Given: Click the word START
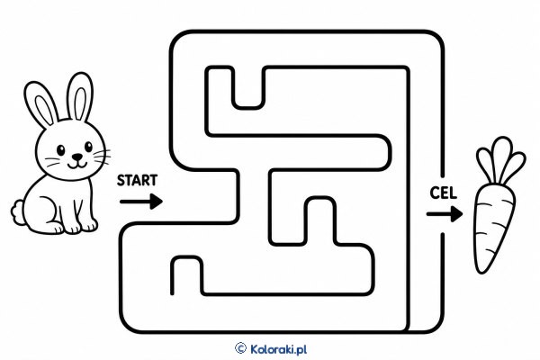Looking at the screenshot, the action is click(137, 180).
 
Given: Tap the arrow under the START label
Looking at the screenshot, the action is click(141, 202).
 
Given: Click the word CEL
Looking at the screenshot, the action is click(443, 193).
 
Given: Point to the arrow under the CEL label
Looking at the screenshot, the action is click(445, 214).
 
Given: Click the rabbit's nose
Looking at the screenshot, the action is click(77, 157).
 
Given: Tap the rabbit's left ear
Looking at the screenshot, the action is click(40, 104).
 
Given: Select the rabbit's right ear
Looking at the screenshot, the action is click(80, 96).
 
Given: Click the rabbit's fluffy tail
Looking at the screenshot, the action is click(17, 212).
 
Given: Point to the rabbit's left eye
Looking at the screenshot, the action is click(61, 150).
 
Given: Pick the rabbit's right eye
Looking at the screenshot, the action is click(88, 147).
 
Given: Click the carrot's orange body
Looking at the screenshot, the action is click(493, 224).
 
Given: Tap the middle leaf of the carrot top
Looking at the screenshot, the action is click(501, 157).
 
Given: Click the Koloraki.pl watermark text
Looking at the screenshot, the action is click(279, 349).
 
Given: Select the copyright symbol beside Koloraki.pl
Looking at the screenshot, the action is click(240, 348).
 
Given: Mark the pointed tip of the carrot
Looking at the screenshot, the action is click(479, 272).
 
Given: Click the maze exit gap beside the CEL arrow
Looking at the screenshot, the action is click(443, 206).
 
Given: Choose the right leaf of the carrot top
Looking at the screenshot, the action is click(514, 167).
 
